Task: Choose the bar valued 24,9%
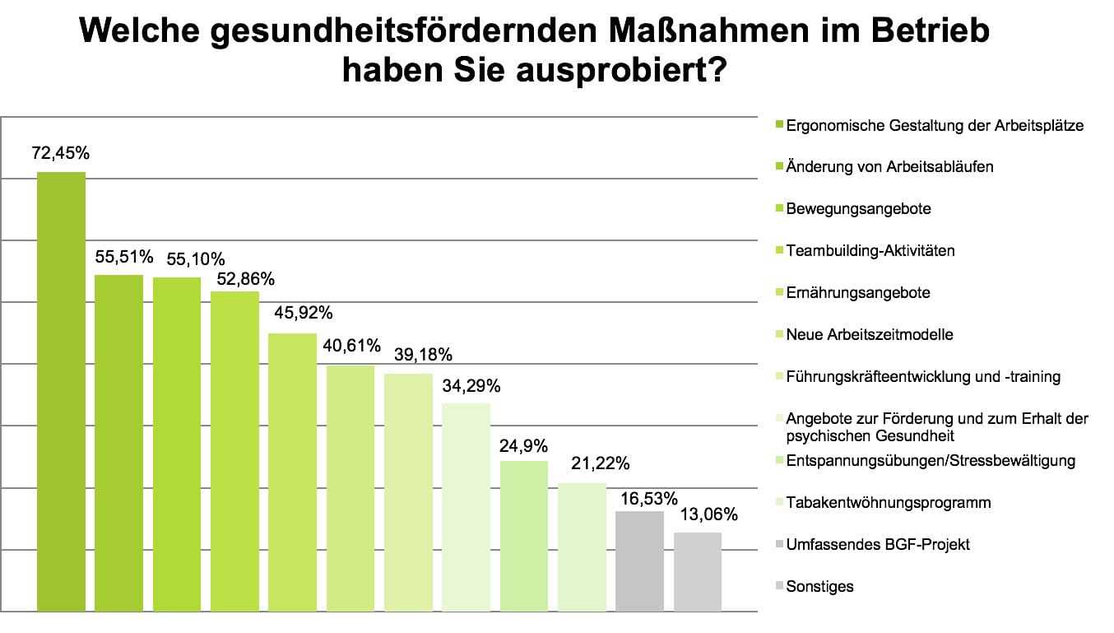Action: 523,536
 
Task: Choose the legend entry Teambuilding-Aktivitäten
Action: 870,251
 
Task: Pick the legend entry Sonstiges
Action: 819,587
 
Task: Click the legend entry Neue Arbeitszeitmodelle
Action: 870,335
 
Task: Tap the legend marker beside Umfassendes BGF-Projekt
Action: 779,545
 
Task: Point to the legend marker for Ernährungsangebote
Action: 779,293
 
